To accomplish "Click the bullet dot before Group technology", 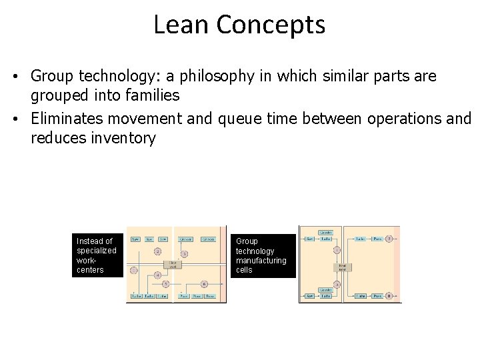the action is coord(14,77).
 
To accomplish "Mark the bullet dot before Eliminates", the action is coord(14,119).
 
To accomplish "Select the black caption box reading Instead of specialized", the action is coord(97,255).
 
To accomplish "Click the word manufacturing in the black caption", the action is coord(261,261).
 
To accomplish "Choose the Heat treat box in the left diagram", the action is coord(173,264).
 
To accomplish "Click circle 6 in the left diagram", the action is coord(203,284).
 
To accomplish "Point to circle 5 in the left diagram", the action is coord(165,284).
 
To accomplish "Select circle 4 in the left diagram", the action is coord(157,275).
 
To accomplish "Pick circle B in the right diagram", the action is coord(389,295).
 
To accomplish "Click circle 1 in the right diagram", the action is coord(337,249).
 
